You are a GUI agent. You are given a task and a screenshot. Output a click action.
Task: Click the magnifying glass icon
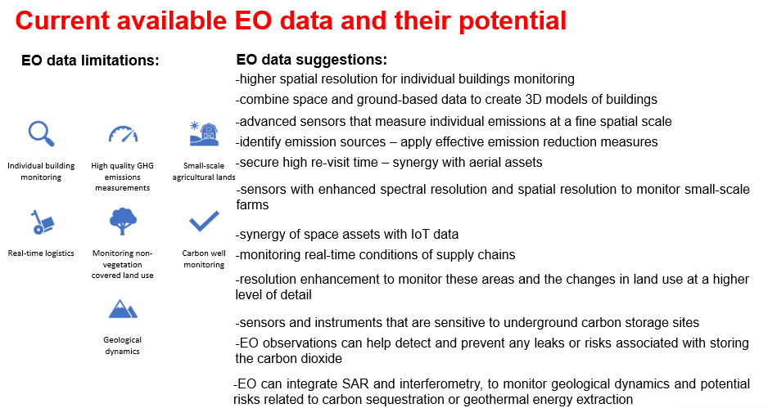click(41, 133)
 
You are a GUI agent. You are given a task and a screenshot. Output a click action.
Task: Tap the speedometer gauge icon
click(123, 134)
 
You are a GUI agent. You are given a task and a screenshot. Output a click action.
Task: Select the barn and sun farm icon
click(204, 133)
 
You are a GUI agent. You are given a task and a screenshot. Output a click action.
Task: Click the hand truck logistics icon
click(42, 222)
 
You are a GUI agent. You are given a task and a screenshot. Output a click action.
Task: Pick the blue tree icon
click(123, 221)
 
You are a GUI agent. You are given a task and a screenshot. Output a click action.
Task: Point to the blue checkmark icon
click(204, 221)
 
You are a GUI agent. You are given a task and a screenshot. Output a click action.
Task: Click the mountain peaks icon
click(123, 308)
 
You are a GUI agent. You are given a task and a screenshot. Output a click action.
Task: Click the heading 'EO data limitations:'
click(90, 61)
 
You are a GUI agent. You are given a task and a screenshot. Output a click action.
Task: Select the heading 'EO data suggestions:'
click(311, 60)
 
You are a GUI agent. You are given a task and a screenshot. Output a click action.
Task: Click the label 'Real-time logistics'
click(41, 253)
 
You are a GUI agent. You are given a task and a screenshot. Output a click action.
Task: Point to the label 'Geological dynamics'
click(123, 345)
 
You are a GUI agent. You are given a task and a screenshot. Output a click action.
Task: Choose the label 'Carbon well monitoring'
click(204, 259)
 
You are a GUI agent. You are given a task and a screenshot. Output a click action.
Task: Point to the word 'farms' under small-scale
click(252, 204)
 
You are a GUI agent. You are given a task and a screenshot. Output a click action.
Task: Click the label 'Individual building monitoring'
click(41, 171)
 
